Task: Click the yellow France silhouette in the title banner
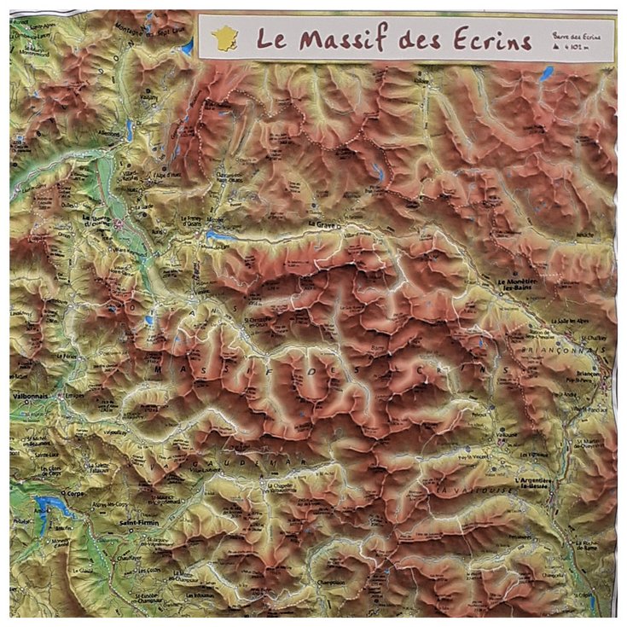pos(224,38)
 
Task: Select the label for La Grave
pos(322,224)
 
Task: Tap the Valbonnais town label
pos(32,384)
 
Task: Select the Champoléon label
pos(333,583)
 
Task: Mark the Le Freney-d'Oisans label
pos(194,221)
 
